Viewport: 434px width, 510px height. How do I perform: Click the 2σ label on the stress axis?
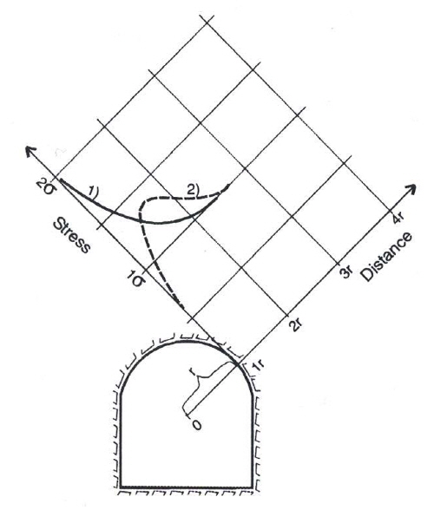click(x=45, y=187)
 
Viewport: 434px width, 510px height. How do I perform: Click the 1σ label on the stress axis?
click(x=136, y=279)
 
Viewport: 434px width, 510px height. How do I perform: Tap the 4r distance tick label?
click(x=398, y=218)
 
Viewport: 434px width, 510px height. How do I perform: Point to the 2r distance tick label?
click(x=296, y=323)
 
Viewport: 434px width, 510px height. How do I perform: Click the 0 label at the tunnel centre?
click(x=197, y=425)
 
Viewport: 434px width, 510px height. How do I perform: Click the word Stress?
click(x=71, y=236)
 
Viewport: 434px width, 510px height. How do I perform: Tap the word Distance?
click(x=387, y=256)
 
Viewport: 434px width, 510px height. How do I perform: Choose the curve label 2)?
click(x=193, y=190)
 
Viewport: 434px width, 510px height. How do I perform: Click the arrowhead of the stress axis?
click(x=30, y=151)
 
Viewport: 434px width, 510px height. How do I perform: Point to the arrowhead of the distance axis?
click(x=411, y=189)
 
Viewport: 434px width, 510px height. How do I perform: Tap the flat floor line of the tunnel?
click(x=187, y=487)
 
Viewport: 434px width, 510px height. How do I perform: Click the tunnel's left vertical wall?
click(x=121, y=441)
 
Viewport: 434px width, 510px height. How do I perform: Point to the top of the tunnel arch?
click(x=187, y=341)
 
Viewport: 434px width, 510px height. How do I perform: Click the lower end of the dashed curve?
click(x=184, y=308)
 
